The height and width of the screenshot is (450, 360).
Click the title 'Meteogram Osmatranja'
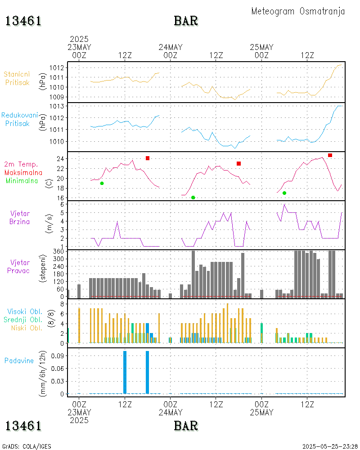point(298,11)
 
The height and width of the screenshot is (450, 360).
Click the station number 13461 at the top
point(23,21)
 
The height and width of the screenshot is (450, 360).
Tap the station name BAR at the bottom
point(186,425)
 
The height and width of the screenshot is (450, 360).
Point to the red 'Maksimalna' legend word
point(23,172)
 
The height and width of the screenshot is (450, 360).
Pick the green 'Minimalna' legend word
point(22,180)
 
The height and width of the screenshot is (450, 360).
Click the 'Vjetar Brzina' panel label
point(20,217)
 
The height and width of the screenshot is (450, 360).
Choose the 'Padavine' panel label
point(19,360)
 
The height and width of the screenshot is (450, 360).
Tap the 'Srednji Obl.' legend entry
point(25,319)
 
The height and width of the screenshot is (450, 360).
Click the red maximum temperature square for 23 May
point(148,158)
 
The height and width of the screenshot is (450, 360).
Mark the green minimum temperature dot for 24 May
point(193,198)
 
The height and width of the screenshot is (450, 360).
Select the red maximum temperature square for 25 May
point(330,155)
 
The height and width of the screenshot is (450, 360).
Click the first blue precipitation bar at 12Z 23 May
point(125,372)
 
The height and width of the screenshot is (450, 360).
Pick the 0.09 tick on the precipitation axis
point(59,355)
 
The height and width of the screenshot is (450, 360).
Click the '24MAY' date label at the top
point(171,47)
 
